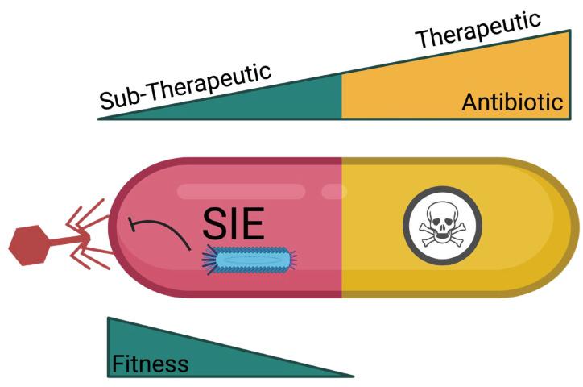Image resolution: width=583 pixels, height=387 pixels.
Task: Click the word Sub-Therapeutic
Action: pos(185,85)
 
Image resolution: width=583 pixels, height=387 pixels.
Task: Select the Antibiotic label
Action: pos(511,102)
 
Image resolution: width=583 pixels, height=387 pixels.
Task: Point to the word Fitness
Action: pos(151,364)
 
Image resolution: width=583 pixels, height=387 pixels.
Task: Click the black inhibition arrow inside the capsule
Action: pos(161,229)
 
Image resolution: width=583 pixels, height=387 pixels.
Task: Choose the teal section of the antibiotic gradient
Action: pos(298,101)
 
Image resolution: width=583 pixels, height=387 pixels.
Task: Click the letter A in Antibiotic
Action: pos(469,102)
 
